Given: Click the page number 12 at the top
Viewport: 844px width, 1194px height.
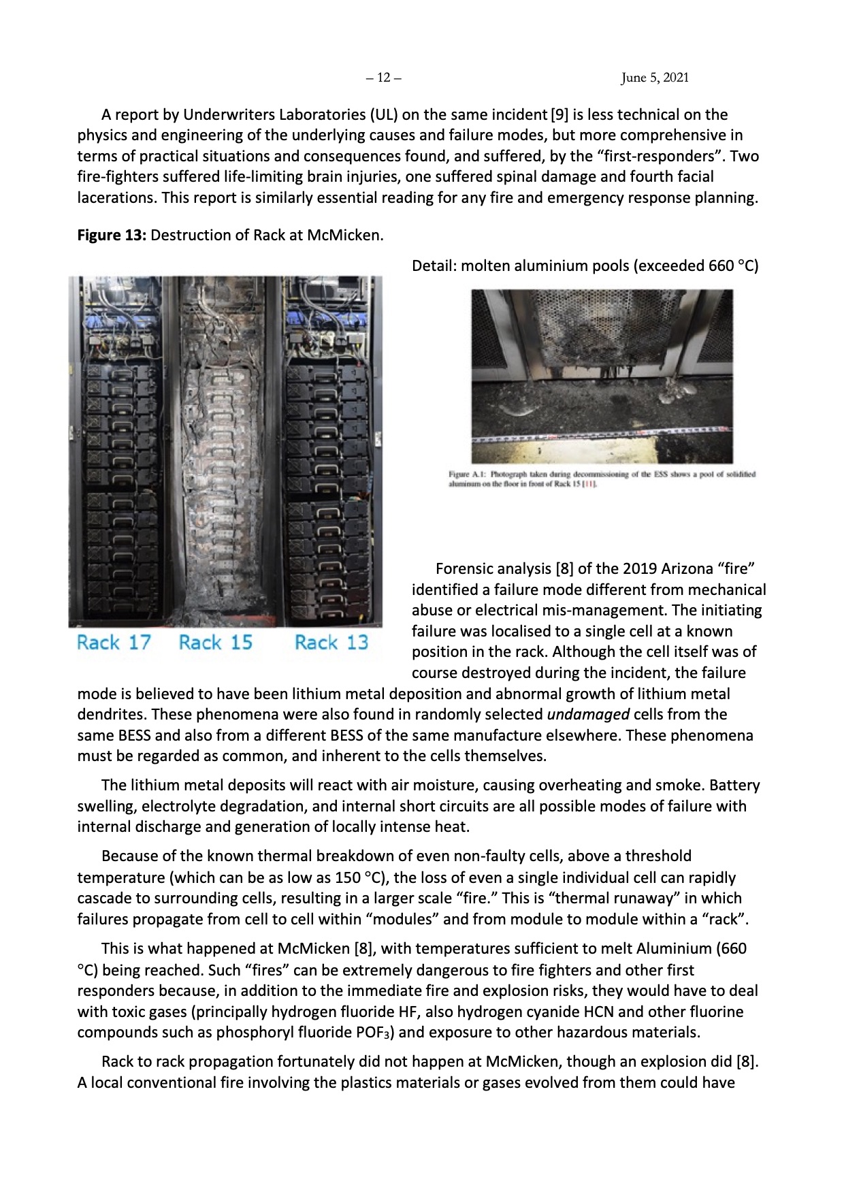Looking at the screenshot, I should [x=384, y=78].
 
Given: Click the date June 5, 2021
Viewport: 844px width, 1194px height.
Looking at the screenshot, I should [x=655, y=78].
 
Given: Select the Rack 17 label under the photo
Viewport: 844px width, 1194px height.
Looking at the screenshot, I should [x=114, y=642].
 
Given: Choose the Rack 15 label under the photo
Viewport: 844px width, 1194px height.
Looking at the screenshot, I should [x=215, y=642].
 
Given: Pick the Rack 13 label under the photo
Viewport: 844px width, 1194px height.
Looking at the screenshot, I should [x=331, y=642].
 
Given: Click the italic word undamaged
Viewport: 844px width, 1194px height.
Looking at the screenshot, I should [x=588, y=715].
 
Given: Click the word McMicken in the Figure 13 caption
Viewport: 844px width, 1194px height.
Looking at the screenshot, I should [x=345, y=236].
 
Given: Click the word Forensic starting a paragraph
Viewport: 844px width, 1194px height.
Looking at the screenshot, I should [x=466, y=568].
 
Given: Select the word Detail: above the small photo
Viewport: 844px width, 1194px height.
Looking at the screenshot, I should [x=434, y=265].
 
